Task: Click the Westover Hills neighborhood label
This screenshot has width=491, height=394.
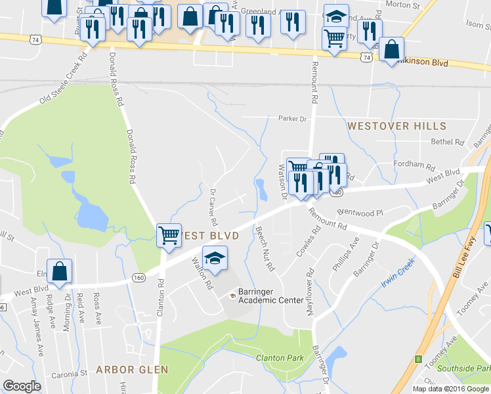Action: coord(396,126)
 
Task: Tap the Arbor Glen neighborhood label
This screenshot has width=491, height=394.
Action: coord(132,370)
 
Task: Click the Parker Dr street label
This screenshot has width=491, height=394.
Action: coord(293,119)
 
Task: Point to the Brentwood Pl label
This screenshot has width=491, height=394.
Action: coord(359,213)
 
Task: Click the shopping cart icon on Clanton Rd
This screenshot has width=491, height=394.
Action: coord(169,234)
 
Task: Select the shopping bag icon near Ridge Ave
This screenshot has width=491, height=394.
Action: coord(59,272)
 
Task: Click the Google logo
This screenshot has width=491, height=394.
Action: coord(22,386)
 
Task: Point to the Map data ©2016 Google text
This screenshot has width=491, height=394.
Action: coord(451,389)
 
